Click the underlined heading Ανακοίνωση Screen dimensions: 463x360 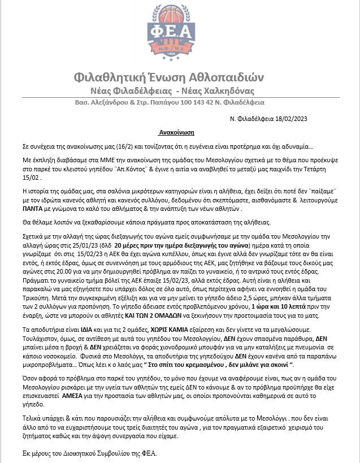point(176,132)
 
